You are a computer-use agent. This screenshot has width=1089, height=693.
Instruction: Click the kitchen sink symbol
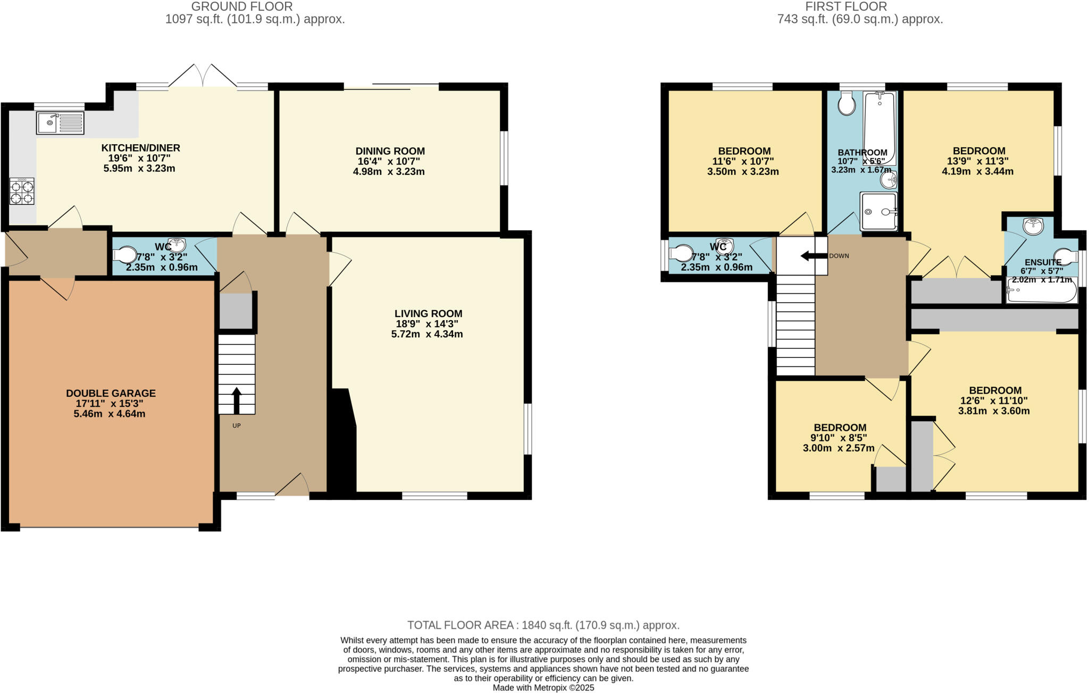pyautogui.click(x=60, y=123)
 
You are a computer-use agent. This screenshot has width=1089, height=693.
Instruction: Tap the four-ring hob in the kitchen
pyautogui.click(x=22, y=191)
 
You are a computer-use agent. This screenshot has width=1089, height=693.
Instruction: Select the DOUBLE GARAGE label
pyautogui.click(x=111, y=394)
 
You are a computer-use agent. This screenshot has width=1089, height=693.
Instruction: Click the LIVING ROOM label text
pyautogui.click(x=428, y=314)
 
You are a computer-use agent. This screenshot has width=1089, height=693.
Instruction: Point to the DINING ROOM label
pyautogui.click(x=390, y=151)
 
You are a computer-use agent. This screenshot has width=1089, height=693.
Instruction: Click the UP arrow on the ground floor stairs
pyautogui.click(x=237, y=400)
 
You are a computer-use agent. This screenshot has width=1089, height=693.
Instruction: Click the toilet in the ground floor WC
pyautogui.click(x=125, y=254)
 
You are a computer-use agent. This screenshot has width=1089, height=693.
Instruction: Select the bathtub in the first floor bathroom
pyautogui.click(x=879, y=128)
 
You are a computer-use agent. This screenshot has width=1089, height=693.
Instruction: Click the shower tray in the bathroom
pyautogui.click(x=878, y=211)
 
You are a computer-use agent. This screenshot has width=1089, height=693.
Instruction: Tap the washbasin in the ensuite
pyautogui.click(x=1033, y=226)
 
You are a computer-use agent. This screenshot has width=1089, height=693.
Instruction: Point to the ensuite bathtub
pyautogui.click(x=1041, y=291)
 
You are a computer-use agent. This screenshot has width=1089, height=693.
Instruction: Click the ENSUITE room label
pyautogui.click(x=1043, y=262)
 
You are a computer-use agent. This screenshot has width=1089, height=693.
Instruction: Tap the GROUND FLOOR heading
pyautogui.click(x=242, y=6)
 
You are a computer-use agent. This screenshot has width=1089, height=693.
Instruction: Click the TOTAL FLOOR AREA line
pyautogui.click(x=543, y=625)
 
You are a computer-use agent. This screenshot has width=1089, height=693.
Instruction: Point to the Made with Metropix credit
pyautogui.click(x=543, y=688)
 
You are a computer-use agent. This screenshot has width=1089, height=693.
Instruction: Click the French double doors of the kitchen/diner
pyautogui.click(x=203, y=76)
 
